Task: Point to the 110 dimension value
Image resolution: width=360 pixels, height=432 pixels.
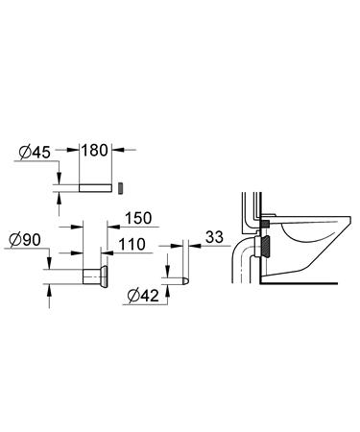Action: [132, 246]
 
